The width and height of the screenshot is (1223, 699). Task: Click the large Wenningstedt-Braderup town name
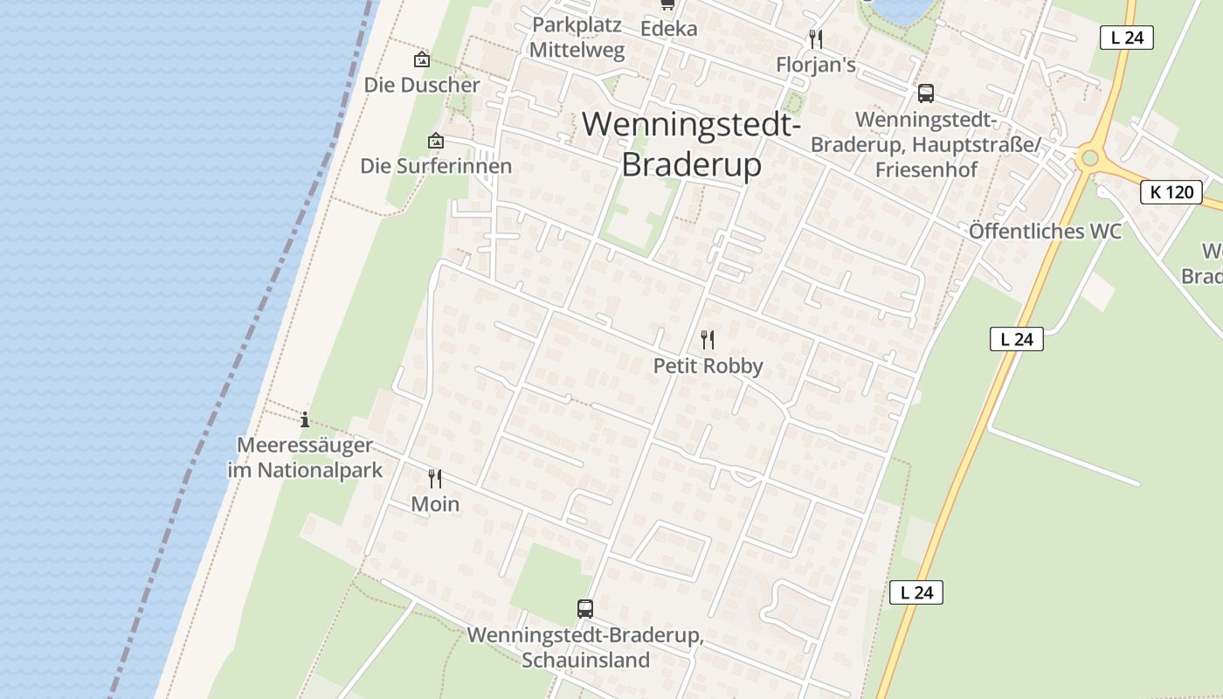691,144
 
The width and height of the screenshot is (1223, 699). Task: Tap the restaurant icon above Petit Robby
708,339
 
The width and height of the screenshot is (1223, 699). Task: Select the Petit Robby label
708,366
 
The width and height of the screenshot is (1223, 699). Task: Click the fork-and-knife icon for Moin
435,478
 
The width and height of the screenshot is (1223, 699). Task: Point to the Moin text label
435,504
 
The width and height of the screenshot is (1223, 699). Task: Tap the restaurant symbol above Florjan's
816,38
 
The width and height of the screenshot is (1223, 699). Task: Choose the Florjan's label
816,65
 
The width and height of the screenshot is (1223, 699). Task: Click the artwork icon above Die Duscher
422,59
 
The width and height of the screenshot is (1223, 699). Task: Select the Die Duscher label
422,85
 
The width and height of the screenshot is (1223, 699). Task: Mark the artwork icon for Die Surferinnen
435,141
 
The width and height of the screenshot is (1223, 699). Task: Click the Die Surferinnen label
435,166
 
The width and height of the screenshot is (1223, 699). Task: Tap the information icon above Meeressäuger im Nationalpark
305,419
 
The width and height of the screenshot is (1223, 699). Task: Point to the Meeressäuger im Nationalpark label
305,458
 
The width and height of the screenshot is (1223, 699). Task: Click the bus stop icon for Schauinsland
585,608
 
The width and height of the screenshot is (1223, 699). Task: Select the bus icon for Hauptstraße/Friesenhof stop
926,93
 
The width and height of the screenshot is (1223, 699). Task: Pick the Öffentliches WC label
1045,232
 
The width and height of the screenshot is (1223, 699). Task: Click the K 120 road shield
1171,192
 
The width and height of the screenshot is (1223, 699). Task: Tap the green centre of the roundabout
1088,158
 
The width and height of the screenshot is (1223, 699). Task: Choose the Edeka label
669,28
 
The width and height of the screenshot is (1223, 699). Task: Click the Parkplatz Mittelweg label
577,38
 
